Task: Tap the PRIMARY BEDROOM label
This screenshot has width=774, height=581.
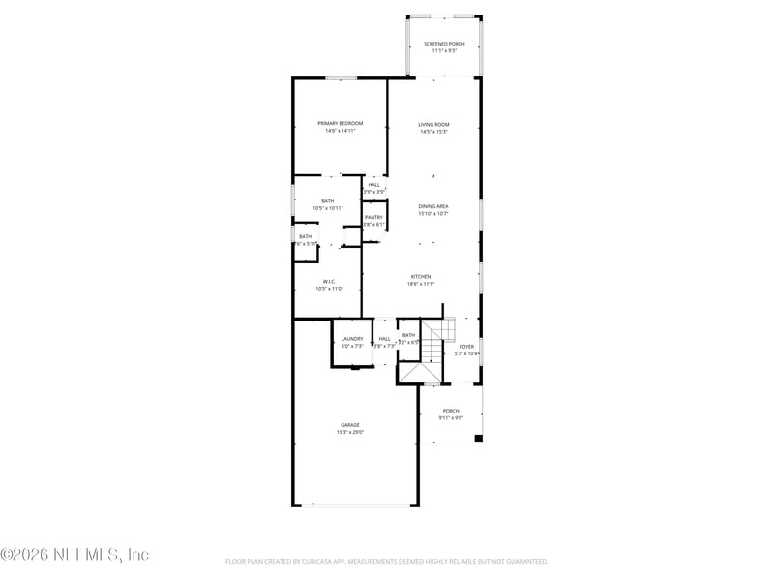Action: pos(341,123)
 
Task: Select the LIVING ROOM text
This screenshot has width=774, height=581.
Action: pos(433,124)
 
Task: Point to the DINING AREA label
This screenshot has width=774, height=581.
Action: pos(433,206)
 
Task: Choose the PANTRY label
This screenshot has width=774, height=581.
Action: pos(373,217)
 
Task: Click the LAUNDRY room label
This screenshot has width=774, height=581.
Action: pos(352,338)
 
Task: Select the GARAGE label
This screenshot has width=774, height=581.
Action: pos(350,425)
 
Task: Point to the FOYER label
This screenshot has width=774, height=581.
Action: pos(466,346)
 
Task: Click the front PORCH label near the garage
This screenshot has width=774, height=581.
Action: pos(451,411)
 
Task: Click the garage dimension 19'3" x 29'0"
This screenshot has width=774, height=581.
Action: pos(350,433)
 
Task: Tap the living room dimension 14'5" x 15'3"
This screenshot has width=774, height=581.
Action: pos(433,132)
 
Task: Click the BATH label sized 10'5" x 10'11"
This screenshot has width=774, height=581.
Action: pos(328,200)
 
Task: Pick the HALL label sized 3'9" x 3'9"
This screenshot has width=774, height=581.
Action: pos(373,184)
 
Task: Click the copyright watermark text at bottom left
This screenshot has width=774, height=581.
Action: pos(74,555)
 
